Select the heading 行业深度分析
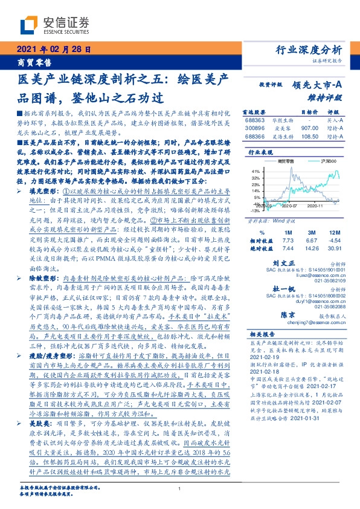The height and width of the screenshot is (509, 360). (309, 50)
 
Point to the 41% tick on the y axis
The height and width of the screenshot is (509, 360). (256, 170)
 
